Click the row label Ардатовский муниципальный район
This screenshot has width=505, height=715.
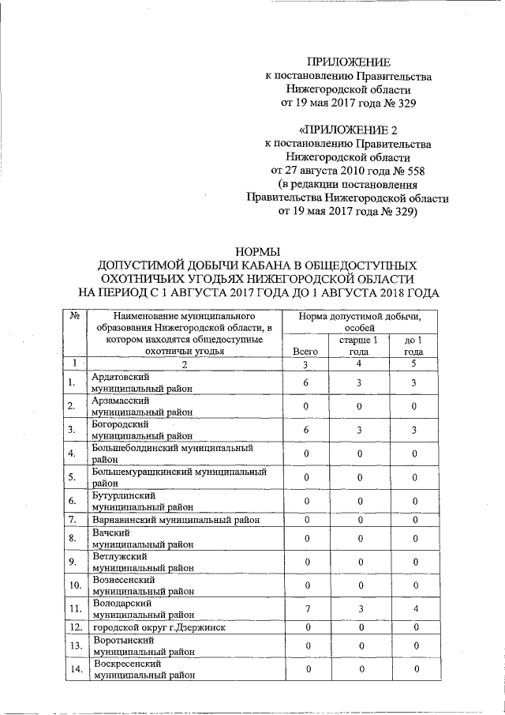click(142, 383)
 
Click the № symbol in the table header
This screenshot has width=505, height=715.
click(73, 316)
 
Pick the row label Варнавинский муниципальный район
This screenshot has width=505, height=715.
click(175, 520)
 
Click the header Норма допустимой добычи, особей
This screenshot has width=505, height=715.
click(359, 322)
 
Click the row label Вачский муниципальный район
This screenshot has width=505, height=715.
click(142, 539)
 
